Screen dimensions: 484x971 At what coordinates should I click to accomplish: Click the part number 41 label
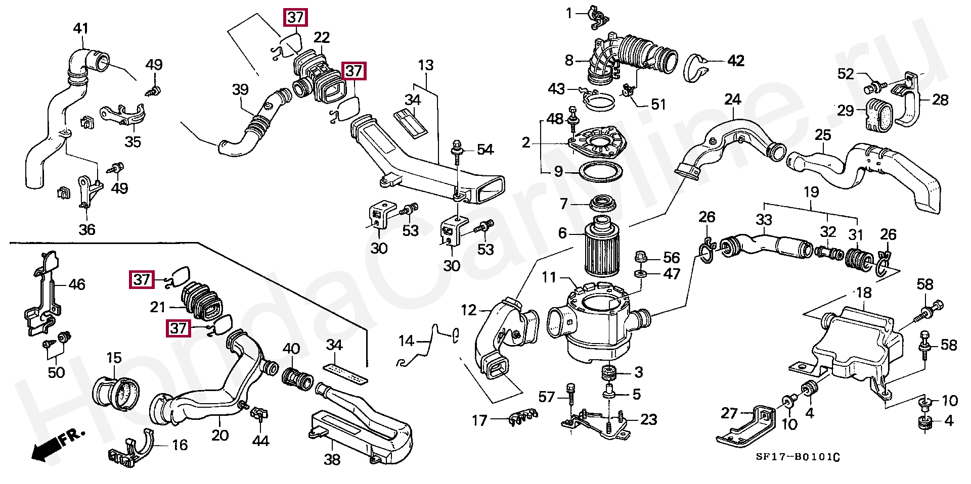81,29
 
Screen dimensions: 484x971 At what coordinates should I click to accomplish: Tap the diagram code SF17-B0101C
798,457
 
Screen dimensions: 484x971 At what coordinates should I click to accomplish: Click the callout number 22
322,38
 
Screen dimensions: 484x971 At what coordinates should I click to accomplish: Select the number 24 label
732,100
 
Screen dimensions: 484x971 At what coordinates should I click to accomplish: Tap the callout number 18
864,293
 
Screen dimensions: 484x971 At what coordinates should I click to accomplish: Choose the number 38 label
332,459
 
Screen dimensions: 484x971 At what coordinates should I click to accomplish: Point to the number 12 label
469,310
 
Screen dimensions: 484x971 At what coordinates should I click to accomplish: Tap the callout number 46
77,285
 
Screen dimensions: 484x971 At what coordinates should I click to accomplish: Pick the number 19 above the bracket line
811,192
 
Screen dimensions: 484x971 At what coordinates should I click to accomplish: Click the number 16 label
180,445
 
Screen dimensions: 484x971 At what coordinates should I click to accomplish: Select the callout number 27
729,413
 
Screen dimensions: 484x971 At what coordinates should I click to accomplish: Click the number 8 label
569,61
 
